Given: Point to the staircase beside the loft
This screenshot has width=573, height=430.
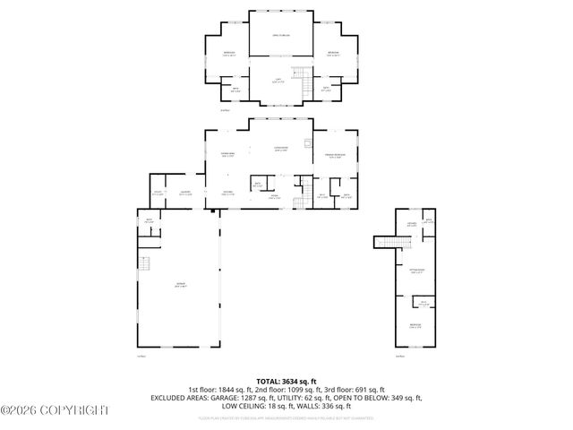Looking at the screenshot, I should [x=307, y=86].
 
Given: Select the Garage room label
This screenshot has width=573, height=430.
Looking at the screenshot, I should [x=180, y=284].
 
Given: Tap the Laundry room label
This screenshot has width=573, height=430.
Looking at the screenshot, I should [x=186, y=193].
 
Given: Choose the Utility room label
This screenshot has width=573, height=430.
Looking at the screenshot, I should [x=158, y=193].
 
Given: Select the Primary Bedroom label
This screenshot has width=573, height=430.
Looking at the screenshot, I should [x=334, y=156].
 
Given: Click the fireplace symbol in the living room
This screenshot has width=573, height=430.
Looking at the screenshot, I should [x=308, y=143].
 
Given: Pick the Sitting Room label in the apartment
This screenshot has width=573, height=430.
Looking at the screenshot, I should [x=416, y=270].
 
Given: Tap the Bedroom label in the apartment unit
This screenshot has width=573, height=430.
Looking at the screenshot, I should [x=415, y=324].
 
